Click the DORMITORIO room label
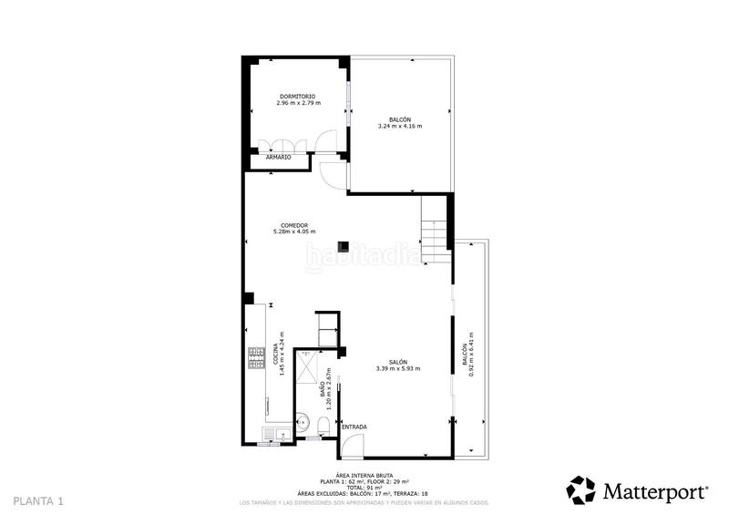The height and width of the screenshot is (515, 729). [296, 96]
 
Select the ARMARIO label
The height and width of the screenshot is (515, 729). [278, 157]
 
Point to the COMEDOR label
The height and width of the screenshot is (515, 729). [293, 225]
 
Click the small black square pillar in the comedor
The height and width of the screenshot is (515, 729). [344, 244]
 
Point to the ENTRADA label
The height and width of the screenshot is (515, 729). [354, 427]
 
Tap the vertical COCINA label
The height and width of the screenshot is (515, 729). [275, 355]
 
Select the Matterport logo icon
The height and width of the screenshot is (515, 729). [581, 489]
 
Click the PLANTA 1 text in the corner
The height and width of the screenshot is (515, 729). [38, 501]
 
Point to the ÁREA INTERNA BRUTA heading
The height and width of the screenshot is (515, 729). [364, 475]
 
